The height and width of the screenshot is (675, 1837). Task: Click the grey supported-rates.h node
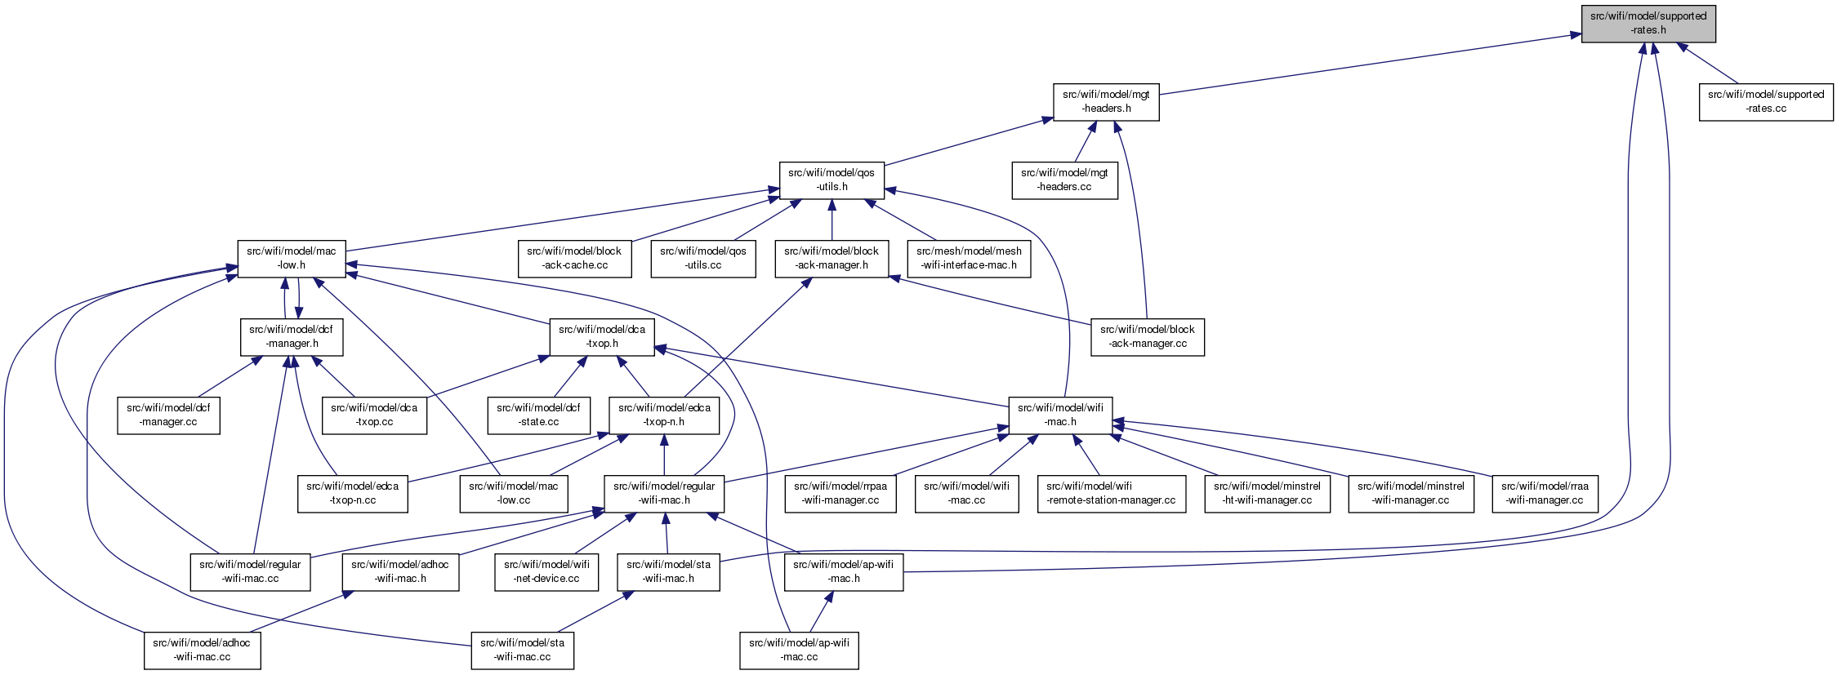tap(1648, 23)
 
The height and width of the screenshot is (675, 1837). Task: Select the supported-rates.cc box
tap(1766, 101)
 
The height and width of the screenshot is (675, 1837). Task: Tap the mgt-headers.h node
tap(1106, 101)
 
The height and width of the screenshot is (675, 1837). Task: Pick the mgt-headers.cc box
tap(1064, 180)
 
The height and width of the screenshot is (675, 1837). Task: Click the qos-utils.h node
tap(832, 180)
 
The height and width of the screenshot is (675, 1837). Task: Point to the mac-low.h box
tap(292, 258)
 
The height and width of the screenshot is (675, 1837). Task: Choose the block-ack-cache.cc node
tap(574, 258)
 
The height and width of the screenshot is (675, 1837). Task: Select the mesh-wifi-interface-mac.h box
tap(969, 258)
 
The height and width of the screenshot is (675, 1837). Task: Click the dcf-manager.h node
tap(292, 336)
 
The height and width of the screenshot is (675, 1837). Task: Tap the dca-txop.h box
tap(602, 336)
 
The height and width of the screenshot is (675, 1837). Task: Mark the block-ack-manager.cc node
tap(1148, 336)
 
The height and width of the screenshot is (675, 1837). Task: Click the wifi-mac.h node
tap(1060, 415)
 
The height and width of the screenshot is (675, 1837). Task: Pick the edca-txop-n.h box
tap(664, 415)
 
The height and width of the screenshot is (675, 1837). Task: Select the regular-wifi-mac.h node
tap(664, 493)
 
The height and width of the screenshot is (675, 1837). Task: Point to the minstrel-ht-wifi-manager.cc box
tap(1267, 493)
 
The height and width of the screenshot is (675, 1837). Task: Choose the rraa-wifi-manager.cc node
tap(1545, 493)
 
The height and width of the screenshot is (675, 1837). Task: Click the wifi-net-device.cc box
tap(546, 571)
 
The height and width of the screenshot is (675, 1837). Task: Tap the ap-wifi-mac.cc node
tap(799, 650)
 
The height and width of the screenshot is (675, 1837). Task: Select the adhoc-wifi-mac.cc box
tap(202, 650)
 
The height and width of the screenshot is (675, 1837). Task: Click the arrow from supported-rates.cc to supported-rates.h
tap(1708, 63)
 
